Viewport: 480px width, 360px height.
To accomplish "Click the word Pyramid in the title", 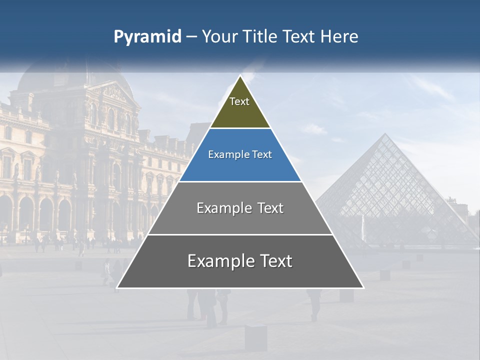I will tap(147, 37).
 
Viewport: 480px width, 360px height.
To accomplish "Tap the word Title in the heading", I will tap(260, 37).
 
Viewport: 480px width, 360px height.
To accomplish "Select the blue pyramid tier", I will tap(240, 167).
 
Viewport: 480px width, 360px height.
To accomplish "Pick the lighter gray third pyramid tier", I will tap(240, 220).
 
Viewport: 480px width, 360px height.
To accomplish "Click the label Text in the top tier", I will tap(239, 101).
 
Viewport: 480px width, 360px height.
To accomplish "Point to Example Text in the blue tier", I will tap(240, 154).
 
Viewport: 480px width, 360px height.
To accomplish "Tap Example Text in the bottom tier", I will tap(240, 261).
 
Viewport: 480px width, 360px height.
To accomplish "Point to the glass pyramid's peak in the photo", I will tap(385, 134).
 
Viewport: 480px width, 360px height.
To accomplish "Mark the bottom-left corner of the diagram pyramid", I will tap(117, 287).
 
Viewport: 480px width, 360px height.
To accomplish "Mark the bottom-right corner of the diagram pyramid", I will tap(363, 287).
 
